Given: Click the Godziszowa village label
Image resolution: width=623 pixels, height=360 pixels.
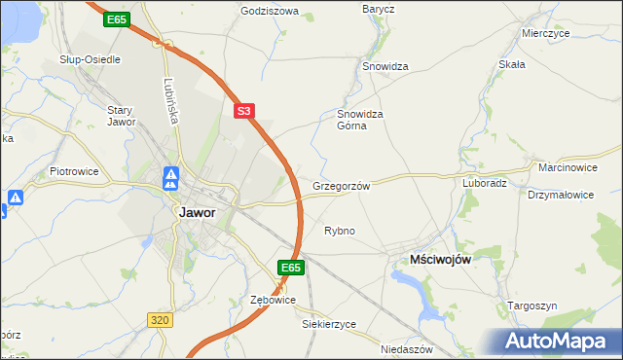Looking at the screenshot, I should coord(270,12).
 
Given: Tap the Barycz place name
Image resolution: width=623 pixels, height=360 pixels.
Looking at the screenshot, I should coord(378,9).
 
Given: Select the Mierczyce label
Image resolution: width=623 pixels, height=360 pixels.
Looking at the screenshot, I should coord(544,32).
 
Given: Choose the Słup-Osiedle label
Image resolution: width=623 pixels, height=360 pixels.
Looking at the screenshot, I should coord(90,59).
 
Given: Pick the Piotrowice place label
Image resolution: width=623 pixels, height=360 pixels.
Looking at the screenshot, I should coord(74,171).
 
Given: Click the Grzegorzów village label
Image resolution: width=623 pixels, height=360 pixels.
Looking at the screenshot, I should coord(342,185).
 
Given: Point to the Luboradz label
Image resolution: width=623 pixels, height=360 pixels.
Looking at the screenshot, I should coord(484,182).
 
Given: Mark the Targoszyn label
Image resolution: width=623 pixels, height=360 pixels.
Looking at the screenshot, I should coord(532,306).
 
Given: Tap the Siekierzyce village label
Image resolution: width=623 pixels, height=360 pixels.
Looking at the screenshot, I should coord(329,323).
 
